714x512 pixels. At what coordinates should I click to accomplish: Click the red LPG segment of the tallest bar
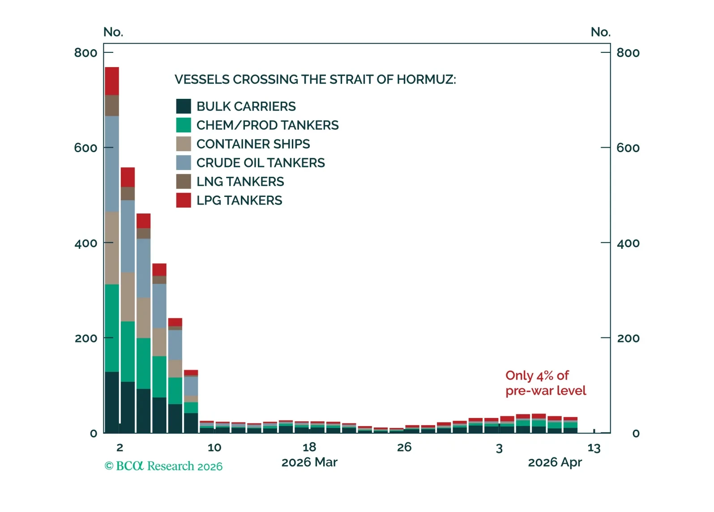[112, 81]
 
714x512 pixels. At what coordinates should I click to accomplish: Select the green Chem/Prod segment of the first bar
[112, 328]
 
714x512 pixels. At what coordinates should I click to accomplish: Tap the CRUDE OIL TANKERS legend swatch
[184, 162]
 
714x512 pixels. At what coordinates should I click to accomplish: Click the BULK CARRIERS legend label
[246, 107]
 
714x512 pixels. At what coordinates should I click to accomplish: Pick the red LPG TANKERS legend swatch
[184, 200]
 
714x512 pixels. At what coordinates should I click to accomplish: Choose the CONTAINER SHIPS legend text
[253, 144]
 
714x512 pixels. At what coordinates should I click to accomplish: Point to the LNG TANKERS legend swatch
[184, 181]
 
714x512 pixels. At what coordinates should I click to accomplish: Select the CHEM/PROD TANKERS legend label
[267, 125]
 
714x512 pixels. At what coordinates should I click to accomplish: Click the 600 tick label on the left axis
[86, 148]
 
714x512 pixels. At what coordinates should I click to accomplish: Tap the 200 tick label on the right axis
[628, 338]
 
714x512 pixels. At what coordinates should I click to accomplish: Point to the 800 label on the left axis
[86, 53]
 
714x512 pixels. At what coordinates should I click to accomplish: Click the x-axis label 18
[309, 447]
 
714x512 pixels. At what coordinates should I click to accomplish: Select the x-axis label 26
[404, 447]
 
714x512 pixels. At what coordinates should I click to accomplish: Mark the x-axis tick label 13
[594, 448]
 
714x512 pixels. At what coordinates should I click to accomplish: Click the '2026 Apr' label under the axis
[555, 462]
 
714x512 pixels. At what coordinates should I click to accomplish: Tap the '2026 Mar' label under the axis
[309, 462]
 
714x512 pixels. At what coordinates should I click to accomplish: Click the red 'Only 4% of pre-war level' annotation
[545, 383]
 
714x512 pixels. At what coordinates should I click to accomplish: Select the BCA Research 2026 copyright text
[163, 466]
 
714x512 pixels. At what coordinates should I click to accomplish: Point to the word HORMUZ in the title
[426, 80]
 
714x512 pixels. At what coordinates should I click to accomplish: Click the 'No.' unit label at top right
[600, 32]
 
